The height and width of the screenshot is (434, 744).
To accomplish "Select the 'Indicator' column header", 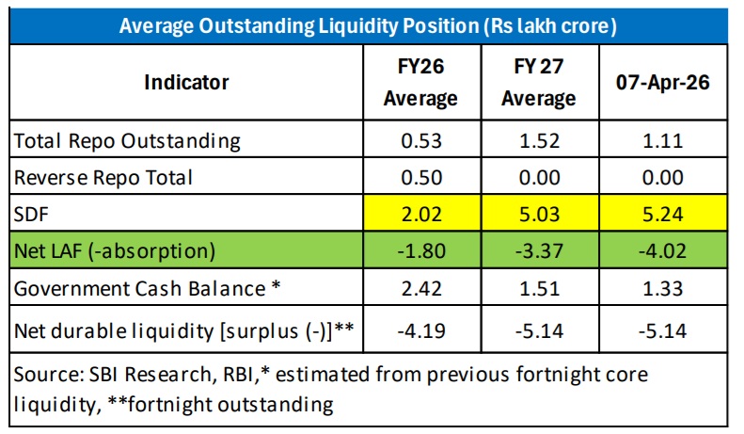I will (186, 82).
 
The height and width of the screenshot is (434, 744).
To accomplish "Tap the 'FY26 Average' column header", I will (420, 83).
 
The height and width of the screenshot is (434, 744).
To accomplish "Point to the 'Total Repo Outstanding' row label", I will (127, 141).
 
